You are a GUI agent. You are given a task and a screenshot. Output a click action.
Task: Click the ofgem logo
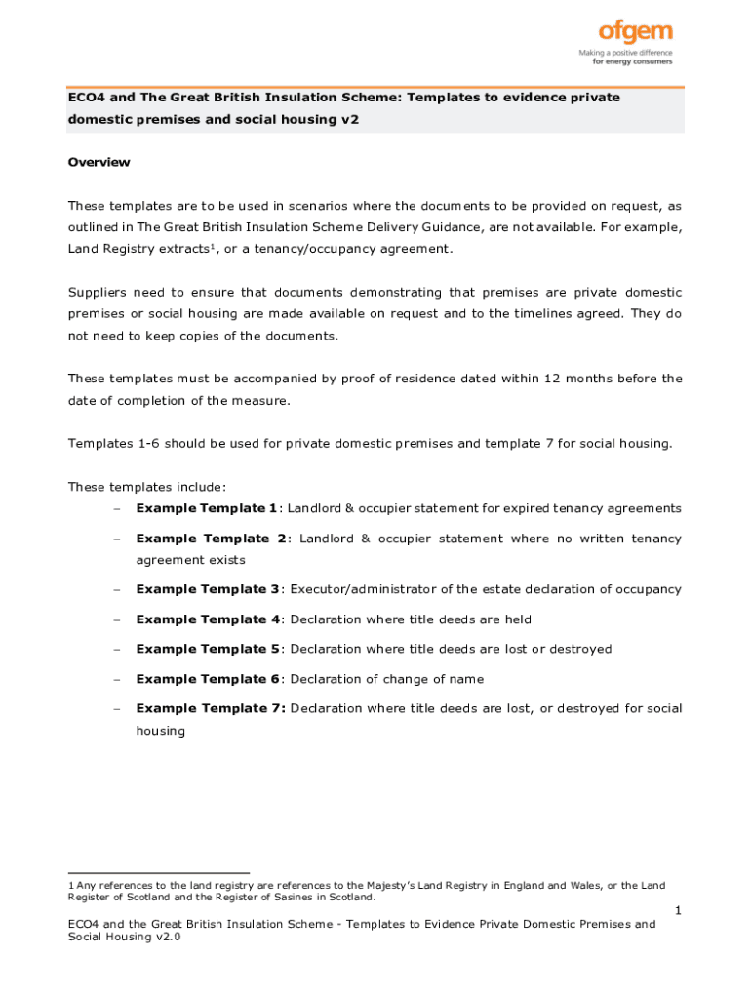pyautogui.click(x=635, y=35)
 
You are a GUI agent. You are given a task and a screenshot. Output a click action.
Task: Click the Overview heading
pyautogui.click(x=99, y=162)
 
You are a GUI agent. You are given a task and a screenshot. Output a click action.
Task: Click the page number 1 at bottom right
pyautogui.click(x=678, y=910)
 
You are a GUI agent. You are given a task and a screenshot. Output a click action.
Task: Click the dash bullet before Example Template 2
pyautogui.click(x=116, y=539)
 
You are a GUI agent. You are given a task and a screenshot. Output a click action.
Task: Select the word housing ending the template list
pyautogui.click(x=160, y=730)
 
